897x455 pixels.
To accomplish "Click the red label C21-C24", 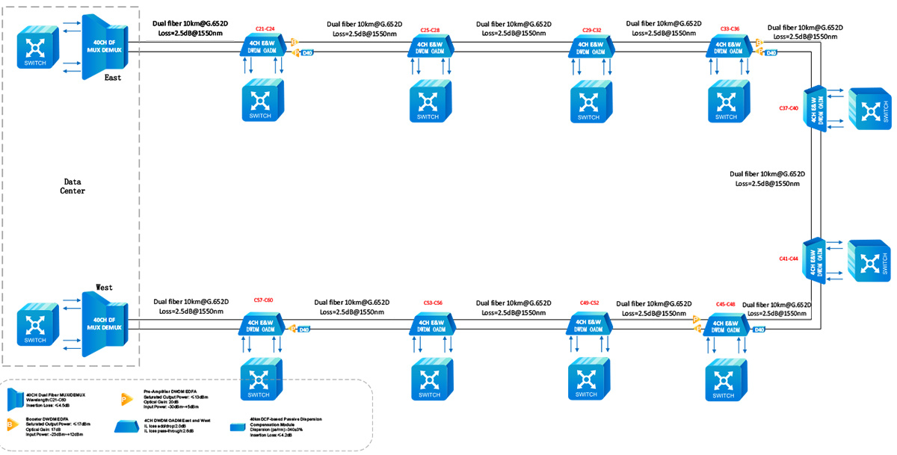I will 265,29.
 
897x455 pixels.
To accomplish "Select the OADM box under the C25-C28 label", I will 429,47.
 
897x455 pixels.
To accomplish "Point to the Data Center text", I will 73,186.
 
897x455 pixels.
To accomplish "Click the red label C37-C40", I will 789,108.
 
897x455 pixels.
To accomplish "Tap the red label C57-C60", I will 263,300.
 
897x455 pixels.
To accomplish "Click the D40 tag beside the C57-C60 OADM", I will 303,329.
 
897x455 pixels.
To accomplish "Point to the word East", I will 112,78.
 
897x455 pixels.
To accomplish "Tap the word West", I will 104,287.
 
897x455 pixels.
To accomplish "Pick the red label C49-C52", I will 589,303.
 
